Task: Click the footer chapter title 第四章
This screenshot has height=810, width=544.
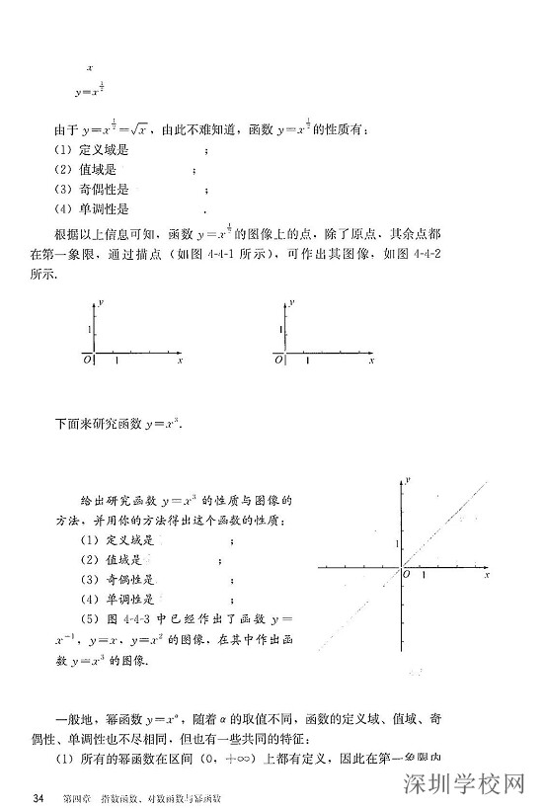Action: click(x=77, y=797)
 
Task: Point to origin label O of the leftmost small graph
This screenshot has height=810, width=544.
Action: click(x=87, y=361)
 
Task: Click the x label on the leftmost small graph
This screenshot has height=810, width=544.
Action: click(x=180, y=363)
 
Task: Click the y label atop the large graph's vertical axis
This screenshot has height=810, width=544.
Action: click(x=408, y=478)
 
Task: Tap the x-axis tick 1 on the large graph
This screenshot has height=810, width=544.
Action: click(x=425, y=574)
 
